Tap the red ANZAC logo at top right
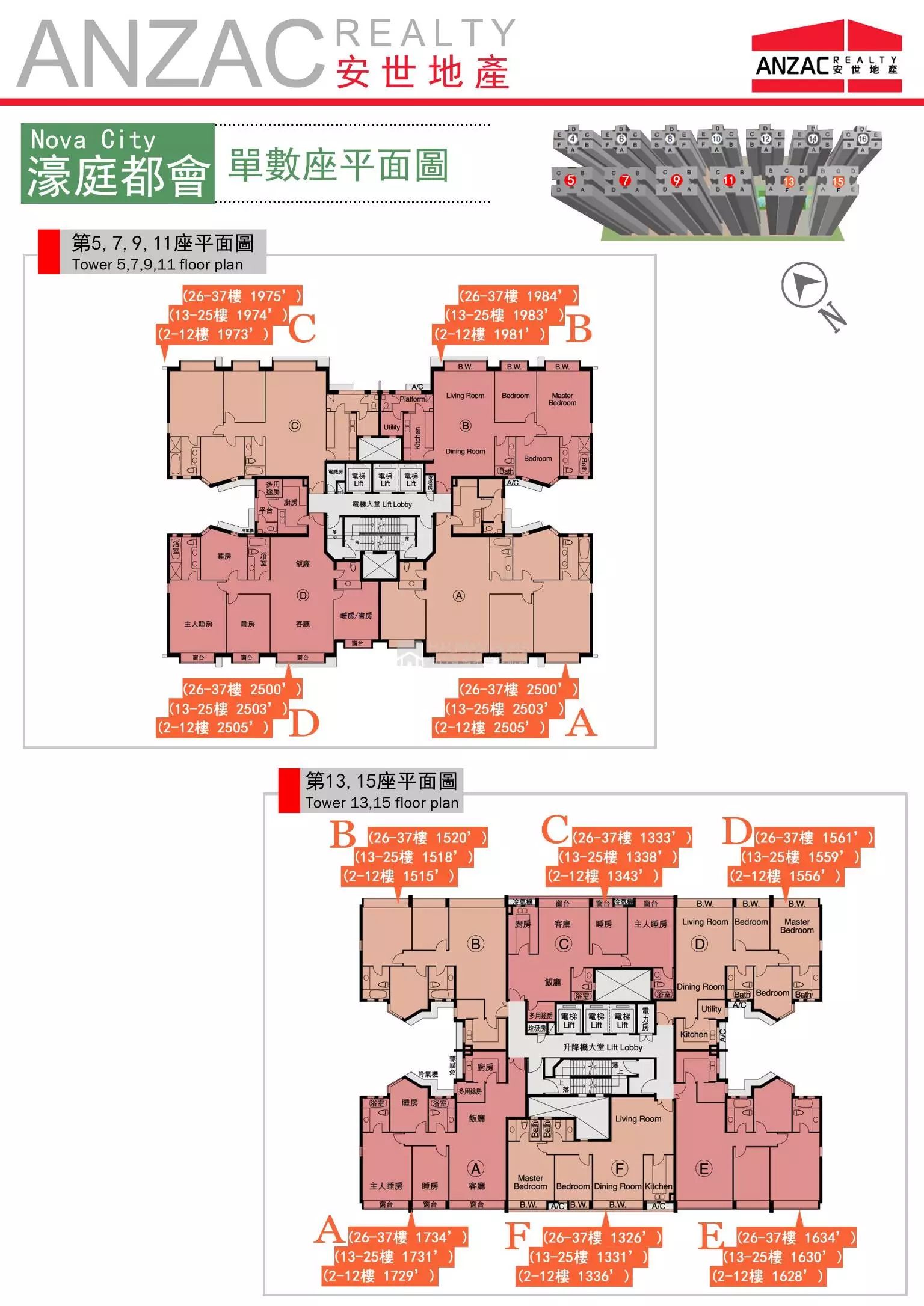827,57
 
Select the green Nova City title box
118,164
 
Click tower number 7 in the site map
625,180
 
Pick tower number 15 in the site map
838,181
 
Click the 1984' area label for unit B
518,296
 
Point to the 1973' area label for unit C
214,334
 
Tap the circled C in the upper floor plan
295,426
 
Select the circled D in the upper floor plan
303,595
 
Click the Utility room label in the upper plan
392,427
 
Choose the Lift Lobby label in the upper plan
382,504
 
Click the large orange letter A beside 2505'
581,723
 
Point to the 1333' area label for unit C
632,838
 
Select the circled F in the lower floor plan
619,1168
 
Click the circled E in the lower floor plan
703,1168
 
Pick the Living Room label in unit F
638,1119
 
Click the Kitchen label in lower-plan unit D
694,1035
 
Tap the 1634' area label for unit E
796,1237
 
